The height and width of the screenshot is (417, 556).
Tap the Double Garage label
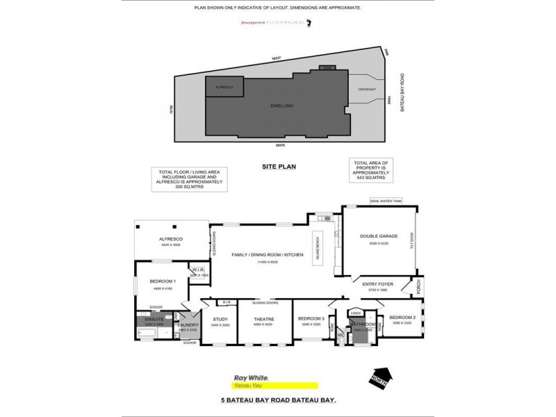(378, 236)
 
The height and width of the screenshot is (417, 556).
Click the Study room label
(220, 319)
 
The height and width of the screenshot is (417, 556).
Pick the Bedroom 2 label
(403, 318)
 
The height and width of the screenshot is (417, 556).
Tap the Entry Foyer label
(377, 284)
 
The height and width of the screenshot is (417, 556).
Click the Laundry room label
(189, 325)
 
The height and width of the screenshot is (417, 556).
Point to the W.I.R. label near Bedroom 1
(197, 271)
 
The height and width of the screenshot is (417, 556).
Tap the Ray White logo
(247, 377)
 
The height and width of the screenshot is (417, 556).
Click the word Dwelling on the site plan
(281, 106)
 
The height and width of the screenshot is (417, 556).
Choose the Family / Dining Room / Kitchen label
(268, 256)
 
